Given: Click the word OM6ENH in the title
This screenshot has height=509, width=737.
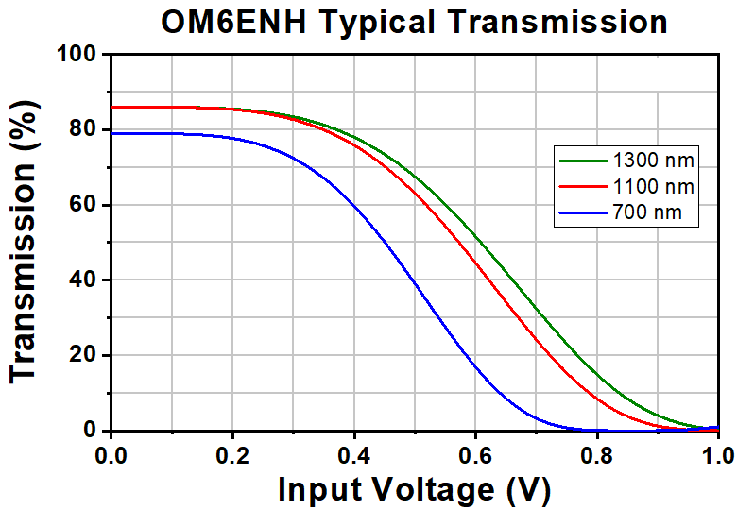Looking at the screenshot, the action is click(x=233, y=22).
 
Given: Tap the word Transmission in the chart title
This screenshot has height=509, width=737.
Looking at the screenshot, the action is click(x=557, y=22).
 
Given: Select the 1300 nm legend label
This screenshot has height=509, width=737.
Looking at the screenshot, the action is click(x=653, y=161).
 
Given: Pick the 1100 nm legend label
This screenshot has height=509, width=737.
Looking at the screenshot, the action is click(x=653, y=187).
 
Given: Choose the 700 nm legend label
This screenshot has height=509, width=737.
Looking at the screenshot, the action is click(x=647, y=212).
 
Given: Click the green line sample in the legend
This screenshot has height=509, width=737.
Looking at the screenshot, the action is click(x=583, y=161).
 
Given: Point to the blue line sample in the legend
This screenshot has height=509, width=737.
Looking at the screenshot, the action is click(x=583, y=213).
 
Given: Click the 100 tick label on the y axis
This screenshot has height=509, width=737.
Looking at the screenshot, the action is click(x=77, y=54).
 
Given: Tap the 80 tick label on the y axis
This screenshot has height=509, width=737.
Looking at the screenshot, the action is click(x=83, y=129).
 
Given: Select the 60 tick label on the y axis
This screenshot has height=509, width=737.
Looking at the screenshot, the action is click(x=83, y=205).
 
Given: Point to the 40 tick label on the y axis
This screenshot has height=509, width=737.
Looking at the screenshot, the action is click(x=83, y=280).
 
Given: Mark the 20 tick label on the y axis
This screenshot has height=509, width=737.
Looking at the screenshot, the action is click(x=83, y=355).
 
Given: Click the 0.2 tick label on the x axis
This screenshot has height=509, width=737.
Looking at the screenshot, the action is click(x=232, y=455).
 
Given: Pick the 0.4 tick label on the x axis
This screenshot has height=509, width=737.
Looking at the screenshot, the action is click(x=354, y=455).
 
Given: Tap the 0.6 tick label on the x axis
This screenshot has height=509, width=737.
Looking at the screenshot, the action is click(x=475, y=455).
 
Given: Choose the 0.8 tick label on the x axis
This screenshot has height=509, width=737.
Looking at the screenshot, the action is click(x=597, y=455).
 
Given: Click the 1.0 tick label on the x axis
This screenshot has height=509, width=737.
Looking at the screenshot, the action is click(x=719, y=455).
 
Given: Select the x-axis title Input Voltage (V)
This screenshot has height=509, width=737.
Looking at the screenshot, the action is click(x=414, y=490).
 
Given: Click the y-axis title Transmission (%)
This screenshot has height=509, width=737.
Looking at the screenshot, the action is click(x=25, y=242).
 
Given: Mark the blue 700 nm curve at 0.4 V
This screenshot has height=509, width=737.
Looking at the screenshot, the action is click(x=354, y=206).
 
